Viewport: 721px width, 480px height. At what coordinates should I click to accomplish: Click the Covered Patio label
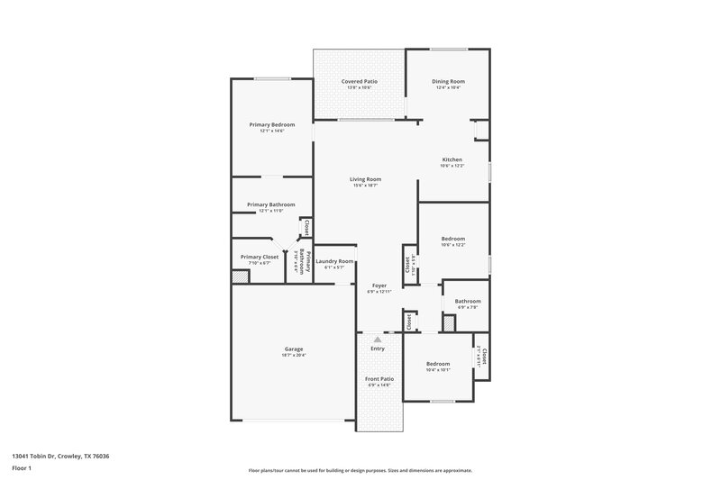[x=359, y=82]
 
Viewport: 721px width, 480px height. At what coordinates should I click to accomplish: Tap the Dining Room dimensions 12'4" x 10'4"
[x=448, y=88]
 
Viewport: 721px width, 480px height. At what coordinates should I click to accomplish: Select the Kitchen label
[x=451, y=159]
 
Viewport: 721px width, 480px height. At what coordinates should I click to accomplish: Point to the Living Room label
[x=365, y=179]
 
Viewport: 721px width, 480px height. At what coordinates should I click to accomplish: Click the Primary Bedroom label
[x=271, y=124]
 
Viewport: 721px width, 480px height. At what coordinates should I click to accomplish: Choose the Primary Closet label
[x=259, y=257]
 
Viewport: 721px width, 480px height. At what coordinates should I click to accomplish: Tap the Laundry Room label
[x=333, y=261]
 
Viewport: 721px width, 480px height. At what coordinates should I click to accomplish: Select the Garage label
[x=294, y=349]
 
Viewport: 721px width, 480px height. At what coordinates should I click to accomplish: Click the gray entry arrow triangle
[x=378, y=340]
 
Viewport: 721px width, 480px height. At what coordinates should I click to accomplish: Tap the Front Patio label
[x=379, y=379]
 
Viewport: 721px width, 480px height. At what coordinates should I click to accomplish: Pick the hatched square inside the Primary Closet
[x=239, y=276]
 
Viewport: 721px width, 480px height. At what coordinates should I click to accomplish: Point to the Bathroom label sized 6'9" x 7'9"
[x=467, y=302]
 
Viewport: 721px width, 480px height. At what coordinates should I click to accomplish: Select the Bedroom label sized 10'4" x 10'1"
[x=438, y=363]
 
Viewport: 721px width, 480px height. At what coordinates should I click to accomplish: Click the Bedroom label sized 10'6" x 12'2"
[x=452, y=239]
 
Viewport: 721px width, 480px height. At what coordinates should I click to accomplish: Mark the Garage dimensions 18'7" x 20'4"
[x=294, y=355]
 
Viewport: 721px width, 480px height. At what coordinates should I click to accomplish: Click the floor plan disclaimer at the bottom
[x=360, y=470]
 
